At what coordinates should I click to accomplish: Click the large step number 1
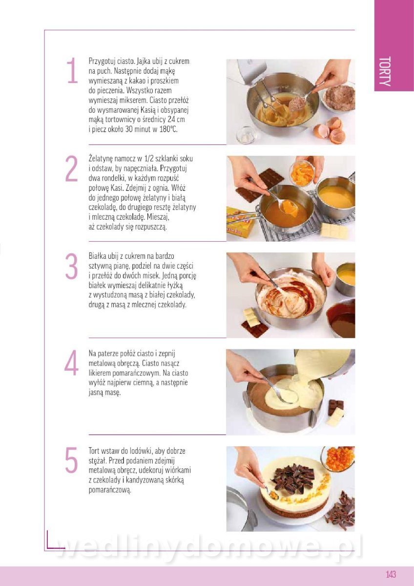(x=72, y=70)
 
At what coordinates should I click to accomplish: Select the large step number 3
(x=72, y=266)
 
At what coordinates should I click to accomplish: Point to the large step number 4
(x=71, y=363)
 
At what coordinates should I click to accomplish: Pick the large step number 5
(x=72, y=460)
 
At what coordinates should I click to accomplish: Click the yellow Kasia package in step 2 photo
(x=240, y=221)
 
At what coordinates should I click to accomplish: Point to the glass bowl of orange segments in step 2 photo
(x=302, y=172)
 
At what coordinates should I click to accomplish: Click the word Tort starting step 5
(x=95, y=451)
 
